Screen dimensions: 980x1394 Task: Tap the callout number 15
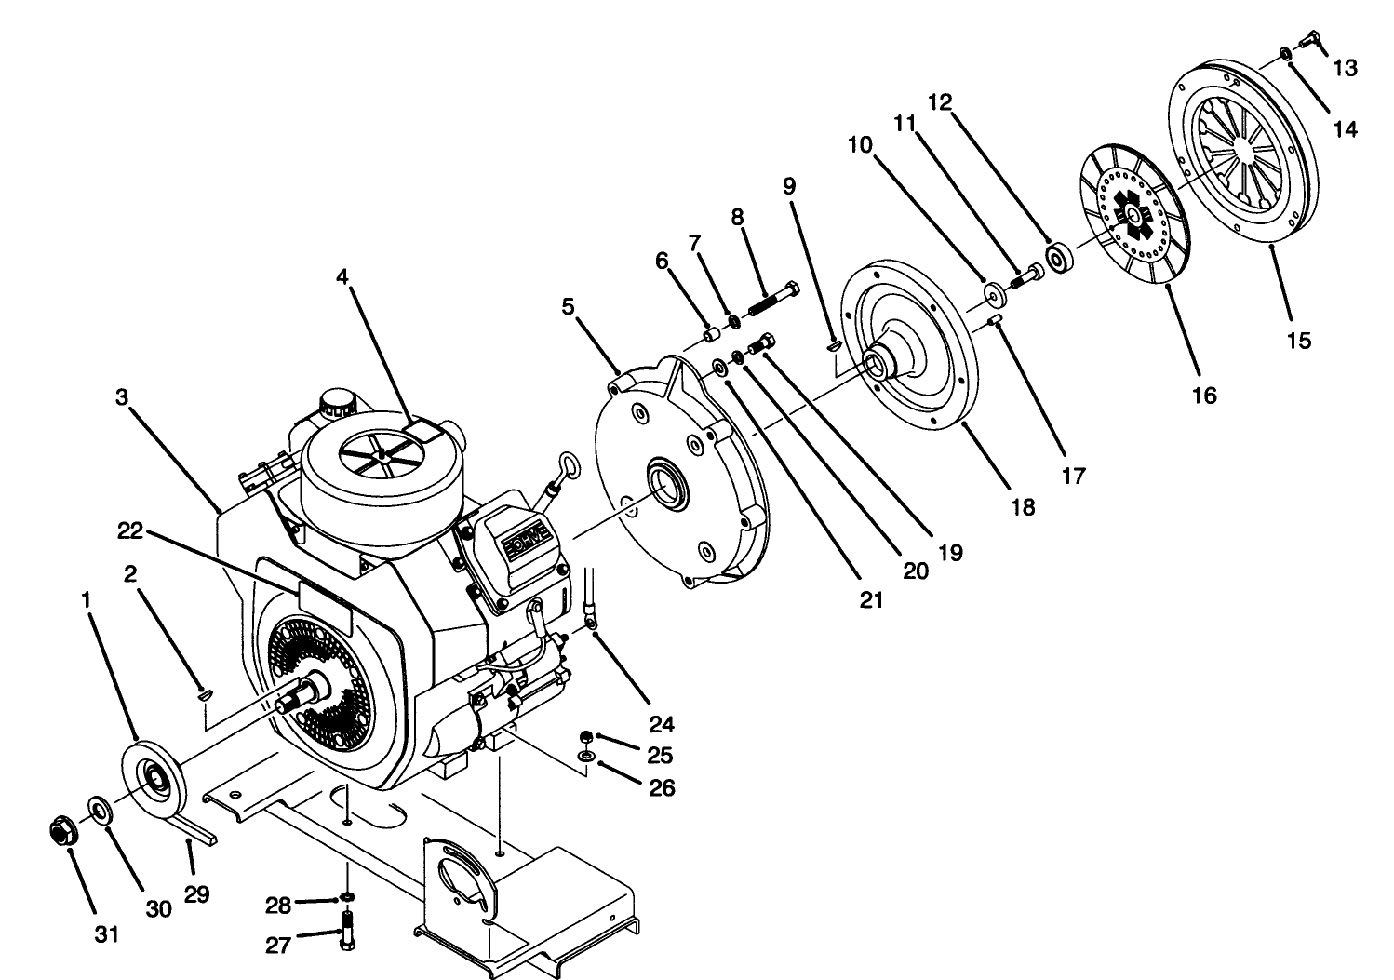coord(1298,341)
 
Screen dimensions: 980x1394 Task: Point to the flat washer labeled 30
coord(100,808)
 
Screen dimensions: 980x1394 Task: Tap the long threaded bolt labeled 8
coord(771,301)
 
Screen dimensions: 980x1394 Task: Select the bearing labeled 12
coord(1059,258)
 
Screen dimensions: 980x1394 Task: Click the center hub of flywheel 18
coord(879,362)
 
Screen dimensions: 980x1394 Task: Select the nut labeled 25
coord(586,735)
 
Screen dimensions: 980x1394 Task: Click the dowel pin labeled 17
coord(994,321)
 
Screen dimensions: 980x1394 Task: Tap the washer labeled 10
coord(995,297)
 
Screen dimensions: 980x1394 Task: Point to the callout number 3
coord(121,397)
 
